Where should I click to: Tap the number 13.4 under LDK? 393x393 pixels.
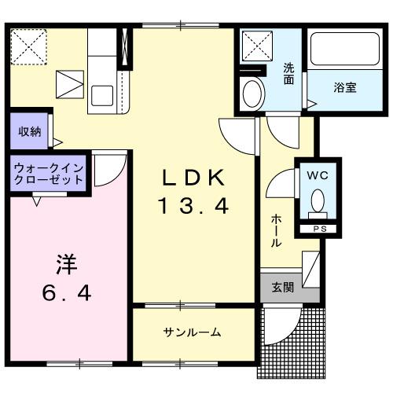pyautogui.click(x=193, y=207)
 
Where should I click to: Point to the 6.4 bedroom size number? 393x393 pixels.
pyautogui.click(x=66, y=293)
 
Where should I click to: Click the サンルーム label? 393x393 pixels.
pyautogui.click(x=193, y=332)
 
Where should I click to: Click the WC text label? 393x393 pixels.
pyautogui.click(x=318, y=175)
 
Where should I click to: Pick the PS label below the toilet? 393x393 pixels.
pyautogui.click(x=318, y=230)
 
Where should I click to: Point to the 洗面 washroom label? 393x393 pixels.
pyautogui.click(x=288, y=73)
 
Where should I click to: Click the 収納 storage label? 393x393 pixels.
pyautogui.click(x=30, y=130)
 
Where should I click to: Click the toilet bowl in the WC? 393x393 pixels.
pyautogui.click(x=318, y=204)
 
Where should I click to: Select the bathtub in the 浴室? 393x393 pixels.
pyautogui.click(x=344, y=51)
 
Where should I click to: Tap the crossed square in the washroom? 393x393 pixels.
pyautogui.click(x=255, y=47)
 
